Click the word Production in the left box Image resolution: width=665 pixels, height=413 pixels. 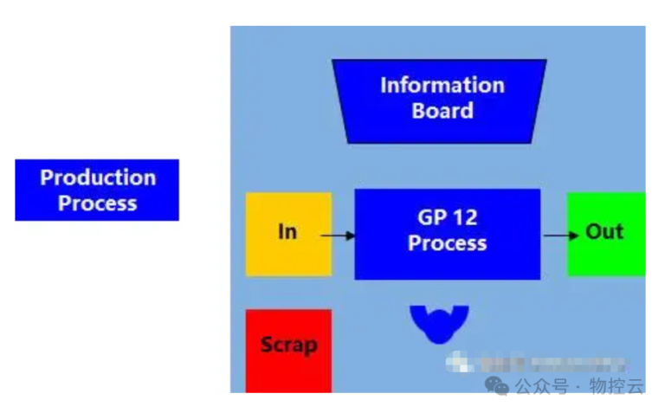click(98, 177)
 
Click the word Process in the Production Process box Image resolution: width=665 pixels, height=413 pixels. click(97, 204)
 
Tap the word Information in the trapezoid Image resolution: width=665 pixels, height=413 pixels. click(442, 85)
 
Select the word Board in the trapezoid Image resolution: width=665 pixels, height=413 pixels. click(442, 111)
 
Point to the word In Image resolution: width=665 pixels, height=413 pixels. click(287, 232)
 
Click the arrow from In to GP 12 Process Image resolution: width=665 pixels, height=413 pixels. click(338, 235)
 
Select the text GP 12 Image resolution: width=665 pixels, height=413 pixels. click(448, 218)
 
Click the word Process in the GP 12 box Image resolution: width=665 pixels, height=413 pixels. click(448, 244)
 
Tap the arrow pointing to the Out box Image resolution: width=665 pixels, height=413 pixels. click(562, 235)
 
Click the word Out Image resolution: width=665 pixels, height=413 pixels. click(604, 232)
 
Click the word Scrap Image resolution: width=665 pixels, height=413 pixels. click(288, 345)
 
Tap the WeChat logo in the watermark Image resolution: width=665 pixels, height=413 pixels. click(497, 385)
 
